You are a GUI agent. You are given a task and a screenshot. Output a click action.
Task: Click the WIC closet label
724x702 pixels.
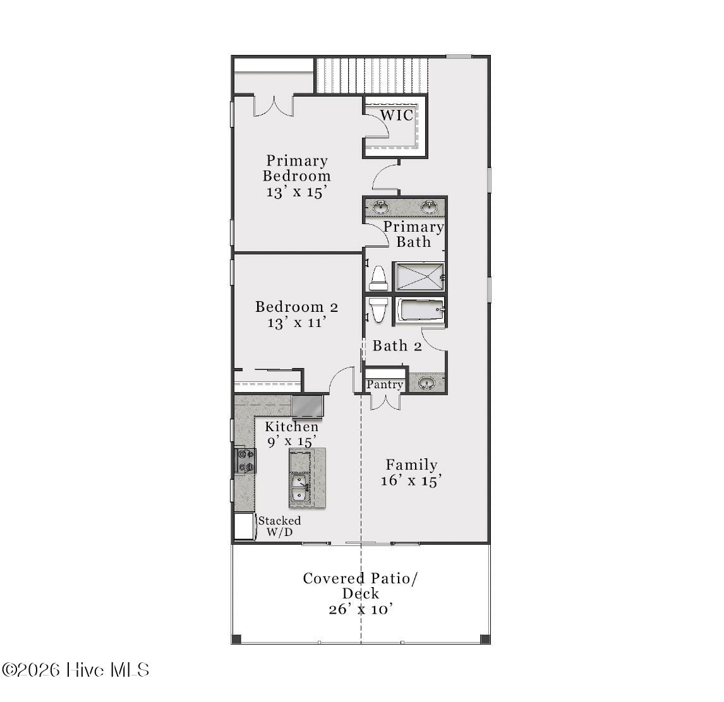[397, 115]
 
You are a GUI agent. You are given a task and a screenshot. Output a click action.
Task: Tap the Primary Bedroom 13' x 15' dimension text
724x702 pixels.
[297, 191]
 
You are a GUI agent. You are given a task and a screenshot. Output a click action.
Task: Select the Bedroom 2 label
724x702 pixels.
[297, 307]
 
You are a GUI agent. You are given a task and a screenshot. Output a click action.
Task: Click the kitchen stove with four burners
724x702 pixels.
[245, 461]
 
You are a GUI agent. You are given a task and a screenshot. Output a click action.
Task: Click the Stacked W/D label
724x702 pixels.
[279, 526]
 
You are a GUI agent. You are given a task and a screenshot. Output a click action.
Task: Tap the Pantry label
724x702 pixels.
[385, 384]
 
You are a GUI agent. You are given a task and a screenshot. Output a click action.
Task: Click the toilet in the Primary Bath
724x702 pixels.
[378, 278]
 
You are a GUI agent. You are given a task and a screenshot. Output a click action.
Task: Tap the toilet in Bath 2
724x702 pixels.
[378, 309]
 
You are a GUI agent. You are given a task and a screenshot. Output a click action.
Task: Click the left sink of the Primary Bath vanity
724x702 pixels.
[381, 207]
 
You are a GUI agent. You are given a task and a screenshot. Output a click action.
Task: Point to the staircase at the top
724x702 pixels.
[371, 75]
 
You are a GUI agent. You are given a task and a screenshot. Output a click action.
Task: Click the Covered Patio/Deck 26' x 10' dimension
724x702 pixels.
[361, 609]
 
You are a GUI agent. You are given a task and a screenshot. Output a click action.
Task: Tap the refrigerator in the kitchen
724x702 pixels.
[308, 406]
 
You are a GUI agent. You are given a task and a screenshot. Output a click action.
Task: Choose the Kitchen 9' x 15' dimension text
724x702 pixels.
[292, 441]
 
